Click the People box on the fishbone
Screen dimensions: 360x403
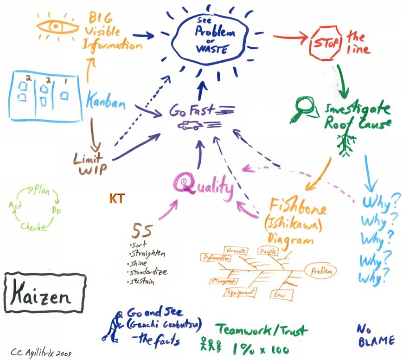[266, 251]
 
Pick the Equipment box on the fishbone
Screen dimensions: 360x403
[240, 292]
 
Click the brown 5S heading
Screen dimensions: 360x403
[141, 231]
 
